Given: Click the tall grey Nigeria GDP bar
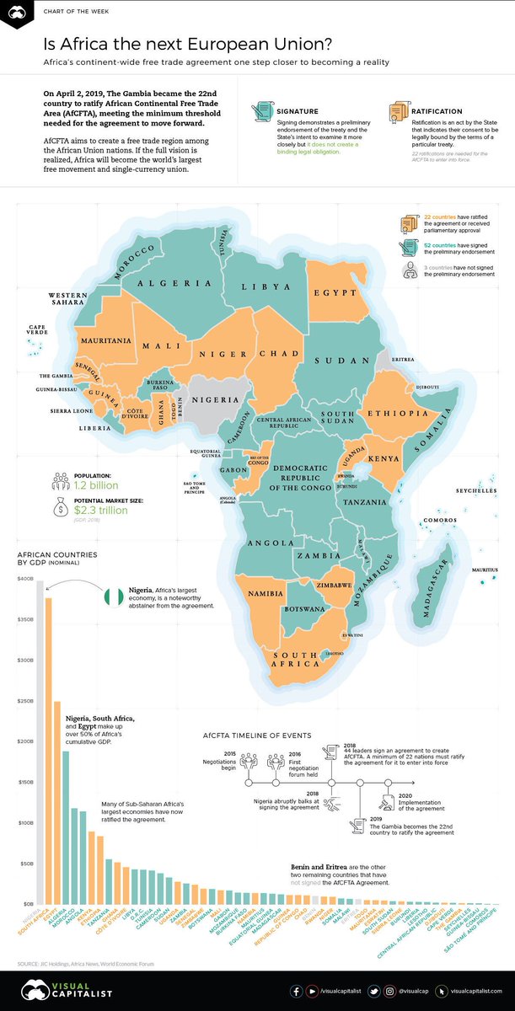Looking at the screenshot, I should pos(40,741).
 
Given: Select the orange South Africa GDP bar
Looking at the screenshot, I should pos(48,750).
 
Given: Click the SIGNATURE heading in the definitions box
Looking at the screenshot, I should pos(294,110).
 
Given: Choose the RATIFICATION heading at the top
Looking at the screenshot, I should pos(438,110).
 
